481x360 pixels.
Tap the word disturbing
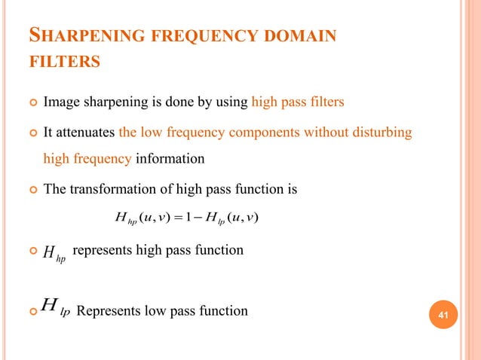click(378, 133)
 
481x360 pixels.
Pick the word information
click(173, 158)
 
